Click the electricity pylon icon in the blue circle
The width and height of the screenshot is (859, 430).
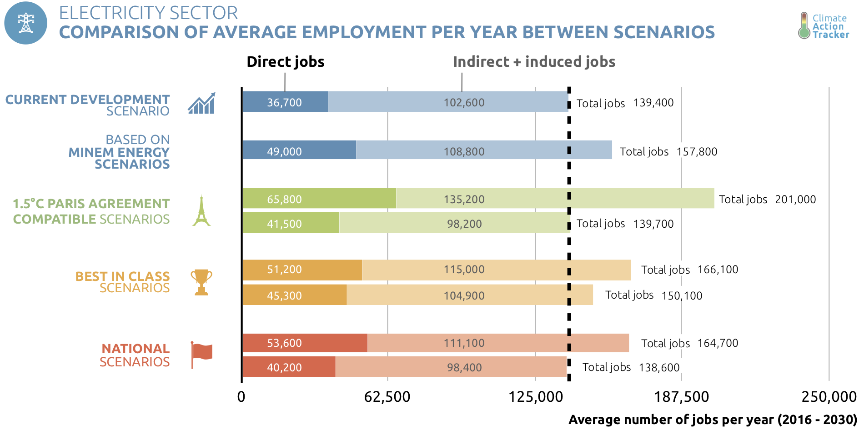[26, 23]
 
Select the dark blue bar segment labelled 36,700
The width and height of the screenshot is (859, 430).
[285, 102]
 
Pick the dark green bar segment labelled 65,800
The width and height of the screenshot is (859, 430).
[319, 199]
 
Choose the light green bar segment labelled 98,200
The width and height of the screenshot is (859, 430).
[454, 223]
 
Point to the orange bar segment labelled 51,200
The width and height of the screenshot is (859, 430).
[302, 270]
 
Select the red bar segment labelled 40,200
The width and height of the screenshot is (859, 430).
[288, 367]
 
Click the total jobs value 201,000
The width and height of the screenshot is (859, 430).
[795, 200]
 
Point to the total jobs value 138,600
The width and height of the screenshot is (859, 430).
[659, 368]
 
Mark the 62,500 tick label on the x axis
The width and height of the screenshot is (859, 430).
[387, 397]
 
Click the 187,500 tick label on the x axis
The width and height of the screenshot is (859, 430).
[681, 397]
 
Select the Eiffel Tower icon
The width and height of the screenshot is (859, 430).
[201, 211]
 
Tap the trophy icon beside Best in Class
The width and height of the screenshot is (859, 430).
[201, 282]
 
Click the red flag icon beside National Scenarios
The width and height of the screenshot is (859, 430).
[201, 354]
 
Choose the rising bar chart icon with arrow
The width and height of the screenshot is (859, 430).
[201, 104]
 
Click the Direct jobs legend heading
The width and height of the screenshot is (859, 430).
[285, 62]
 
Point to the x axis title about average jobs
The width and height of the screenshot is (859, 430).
[713, 420]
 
